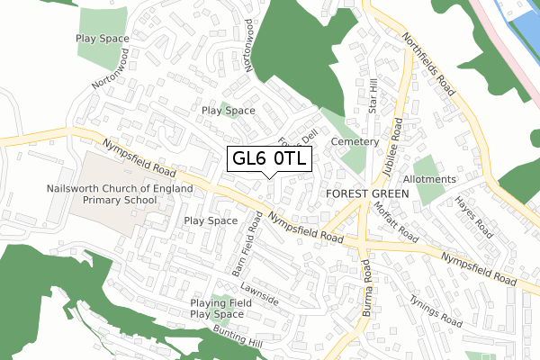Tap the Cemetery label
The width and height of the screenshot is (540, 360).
tap(350, 142)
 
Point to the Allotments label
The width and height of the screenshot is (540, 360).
tap(429, 179)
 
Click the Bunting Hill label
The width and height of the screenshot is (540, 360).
tap(238, 337)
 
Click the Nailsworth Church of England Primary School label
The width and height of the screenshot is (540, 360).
tap(120, 195)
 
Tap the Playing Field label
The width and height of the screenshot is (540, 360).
tap(217, 302)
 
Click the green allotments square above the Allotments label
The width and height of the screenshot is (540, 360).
tap(427, 167)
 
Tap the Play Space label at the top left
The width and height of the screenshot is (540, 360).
tap(103, 40)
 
